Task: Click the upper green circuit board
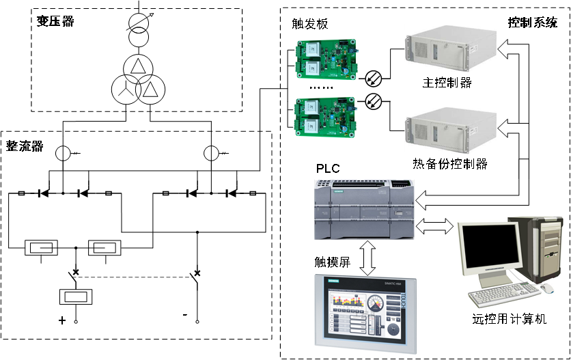tap(326, 58)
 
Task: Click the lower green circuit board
tap(326, 117)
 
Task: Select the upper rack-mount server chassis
tap(450, 49)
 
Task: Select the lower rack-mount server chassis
tap(450, 130)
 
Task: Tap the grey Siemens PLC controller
tap(364, 209)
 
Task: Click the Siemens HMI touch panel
tap(365, 314)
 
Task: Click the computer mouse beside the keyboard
tap(548, 289)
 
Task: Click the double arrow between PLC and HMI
tap(367, 257)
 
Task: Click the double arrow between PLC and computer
tap(434, 225)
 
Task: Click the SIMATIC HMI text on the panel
tap(387, 283)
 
